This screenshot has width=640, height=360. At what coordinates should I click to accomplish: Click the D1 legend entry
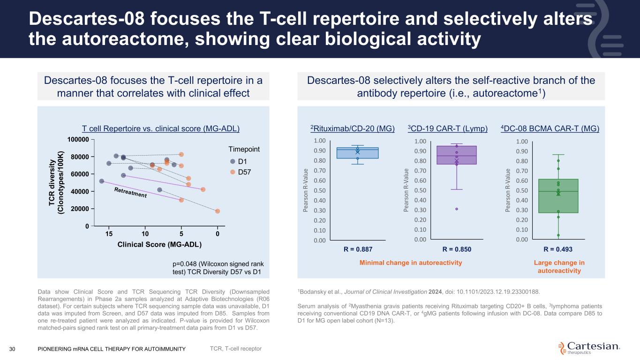(x=239, y=161)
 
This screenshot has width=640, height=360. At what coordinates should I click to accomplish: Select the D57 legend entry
(x=241, y=172)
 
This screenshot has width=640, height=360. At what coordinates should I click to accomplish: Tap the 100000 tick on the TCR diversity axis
(x=78, y=139)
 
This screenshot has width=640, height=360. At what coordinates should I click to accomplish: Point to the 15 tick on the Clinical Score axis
(x=109, y=234)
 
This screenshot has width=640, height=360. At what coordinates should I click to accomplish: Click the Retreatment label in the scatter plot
(x=130, y=192)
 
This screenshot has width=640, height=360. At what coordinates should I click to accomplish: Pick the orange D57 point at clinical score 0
(x=218, y=211)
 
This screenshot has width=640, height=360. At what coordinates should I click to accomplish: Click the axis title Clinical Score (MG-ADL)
(x=159, y=245)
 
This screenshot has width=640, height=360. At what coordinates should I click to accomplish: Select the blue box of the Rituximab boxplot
(x=357, y=153)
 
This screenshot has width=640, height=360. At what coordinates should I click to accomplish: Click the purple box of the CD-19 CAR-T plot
(x=457, y=155)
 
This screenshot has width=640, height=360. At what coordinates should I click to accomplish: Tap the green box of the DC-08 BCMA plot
(x=558, y=196)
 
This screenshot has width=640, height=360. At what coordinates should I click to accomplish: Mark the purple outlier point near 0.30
(x=457, y=209)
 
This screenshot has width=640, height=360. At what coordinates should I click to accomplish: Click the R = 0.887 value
(x=358, y=249)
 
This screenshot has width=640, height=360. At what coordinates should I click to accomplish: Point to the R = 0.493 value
(x=558, y=249)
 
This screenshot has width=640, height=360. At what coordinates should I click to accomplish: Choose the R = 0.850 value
(x=457, y=249)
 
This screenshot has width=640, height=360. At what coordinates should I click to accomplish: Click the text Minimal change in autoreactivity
(x=411, y=263)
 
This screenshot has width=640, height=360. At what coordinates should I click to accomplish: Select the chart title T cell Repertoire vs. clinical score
(x=160, y=128)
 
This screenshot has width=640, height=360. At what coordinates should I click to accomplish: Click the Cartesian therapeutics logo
(x=589, y=348)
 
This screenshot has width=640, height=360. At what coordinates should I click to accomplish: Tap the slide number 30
(x=12, y=349)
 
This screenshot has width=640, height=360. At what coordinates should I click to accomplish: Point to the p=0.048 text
(x=218, y=268)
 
